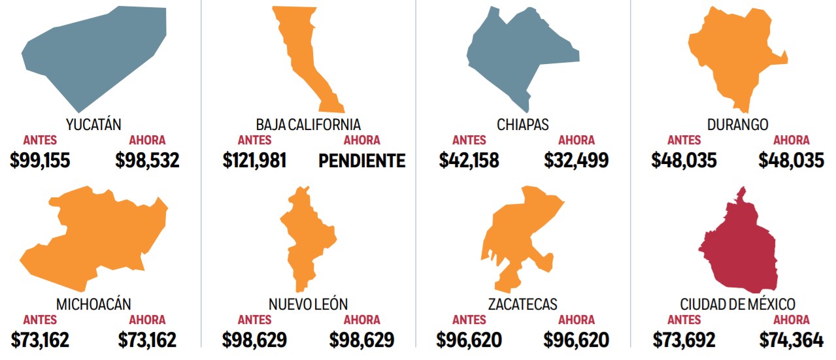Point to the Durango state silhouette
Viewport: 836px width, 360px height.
732,59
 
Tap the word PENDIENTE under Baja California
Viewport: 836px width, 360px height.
362,161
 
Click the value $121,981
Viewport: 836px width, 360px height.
254,161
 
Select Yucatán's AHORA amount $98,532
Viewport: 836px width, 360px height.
147,161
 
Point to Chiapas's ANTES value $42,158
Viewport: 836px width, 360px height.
469,161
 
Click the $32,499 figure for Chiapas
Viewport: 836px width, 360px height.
577,161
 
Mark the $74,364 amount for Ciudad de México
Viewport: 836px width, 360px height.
792,340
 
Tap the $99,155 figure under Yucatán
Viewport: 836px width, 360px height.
41,161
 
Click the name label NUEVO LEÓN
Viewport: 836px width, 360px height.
308,304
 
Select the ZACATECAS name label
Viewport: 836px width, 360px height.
522,304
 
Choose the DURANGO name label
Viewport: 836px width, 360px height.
737,125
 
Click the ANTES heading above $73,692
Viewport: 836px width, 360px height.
684,320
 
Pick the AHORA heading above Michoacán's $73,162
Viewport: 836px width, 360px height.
147,320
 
